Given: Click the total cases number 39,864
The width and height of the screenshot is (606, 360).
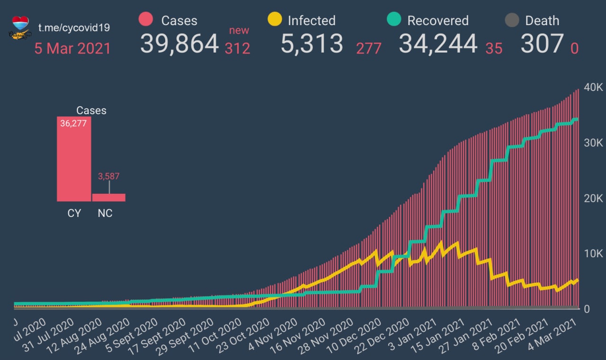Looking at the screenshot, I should [x=179, y=44].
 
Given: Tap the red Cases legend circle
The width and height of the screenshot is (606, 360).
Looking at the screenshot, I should [x=146, y=19].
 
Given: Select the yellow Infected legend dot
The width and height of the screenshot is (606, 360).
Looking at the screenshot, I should [x=275, y=19].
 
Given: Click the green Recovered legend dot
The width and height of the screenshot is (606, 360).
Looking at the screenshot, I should [x=394, y=19].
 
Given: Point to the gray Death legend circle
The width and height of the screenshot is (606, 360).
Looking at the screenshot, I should [x=512, y=20].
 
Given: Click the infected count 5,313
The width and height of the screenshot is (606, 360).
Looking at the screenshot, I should [x=312, y=44].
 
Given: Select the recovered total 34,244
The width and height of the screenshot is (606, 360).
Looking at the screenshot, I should [x=438, y=44].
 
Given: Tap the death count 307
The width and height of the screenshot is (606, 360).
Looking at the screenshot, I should [x=542, y=44].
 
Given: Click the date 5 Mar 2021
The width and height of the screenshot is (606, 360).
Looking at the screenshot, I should [x=72, y=49].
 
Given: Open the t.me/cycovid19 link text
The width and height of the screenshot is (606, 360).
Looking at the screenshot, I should [x=74, y=27].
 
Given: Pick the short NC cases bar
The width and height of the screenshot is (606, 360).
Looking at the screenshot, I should [x=109, y=197].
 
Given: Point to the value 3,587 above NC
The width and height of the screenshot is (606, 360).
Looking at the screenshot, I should [x=109, y=176].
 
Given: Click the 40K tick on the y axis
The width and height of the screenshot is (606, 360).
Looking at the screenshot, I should [x=593, y=88].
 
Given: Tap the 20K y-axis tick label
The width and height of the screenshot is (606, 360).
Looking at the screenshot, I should [x=593, y=198].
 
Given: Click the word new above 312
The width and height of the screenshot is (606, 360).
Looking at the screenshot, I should [x=239, y=31].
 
